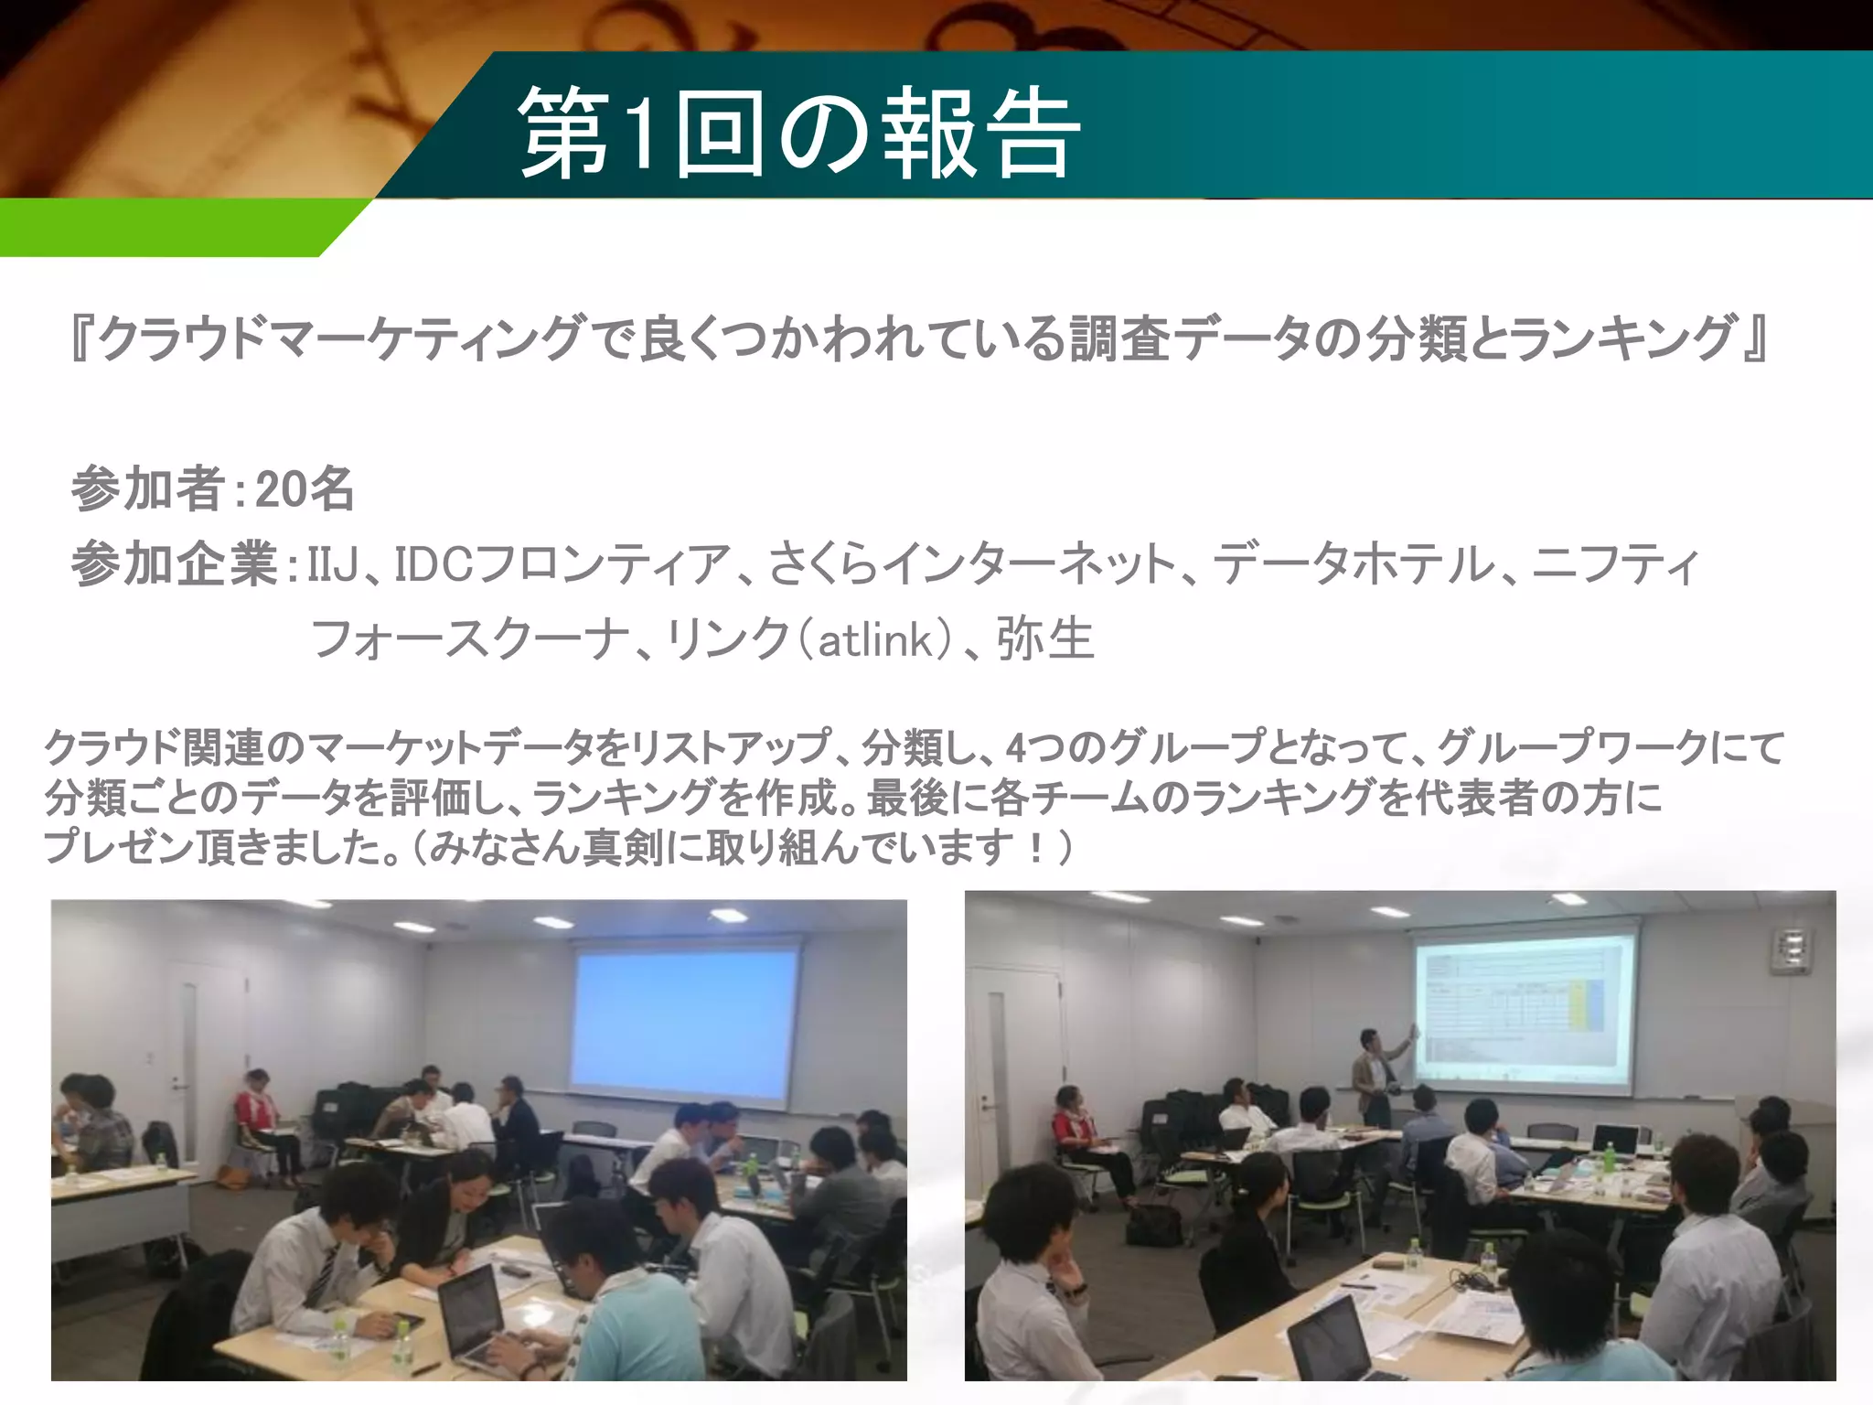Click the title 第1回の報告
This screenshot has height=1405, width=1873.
pyautogui.click(x=799, y=133)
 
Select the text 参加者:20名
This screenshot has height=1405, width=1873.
pyautogui.click(x=212, y=488)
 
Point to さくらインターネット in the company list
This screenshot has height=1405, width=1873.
pyautogui.click(x=971, y=564)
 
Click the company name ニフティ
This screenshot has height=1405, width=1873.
pyautogui.click(x=1615, y=564)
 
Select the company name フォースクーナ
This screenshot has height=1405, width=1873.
pyautogui.click(x=470, y=638)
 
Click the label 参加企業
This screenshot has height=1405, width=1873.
pyautogui.click(x=175, y=564)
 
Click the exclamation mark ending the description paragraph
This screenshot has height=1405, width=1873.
pyautogui.click(x=1035, y=847)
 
